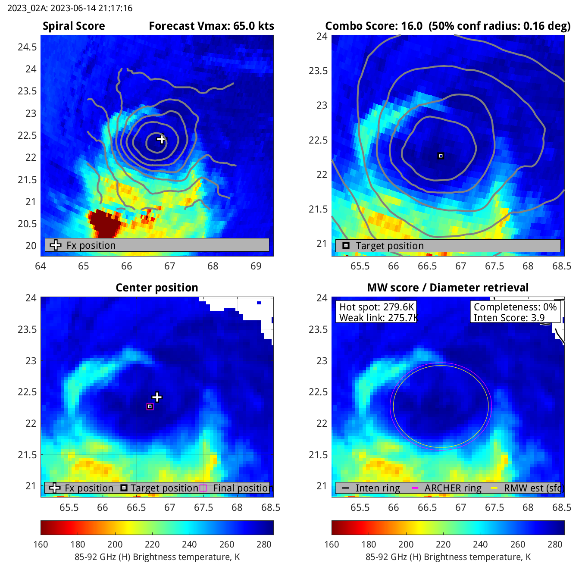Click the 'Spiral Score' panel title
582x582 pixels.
tap(74, 26)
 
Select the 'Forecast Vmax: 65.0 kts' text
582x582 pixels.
tap(211, 26)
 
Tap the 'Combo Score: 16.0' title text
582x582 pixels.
tap(374, 26)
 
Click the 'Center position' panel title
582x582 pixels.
tap(157, 288)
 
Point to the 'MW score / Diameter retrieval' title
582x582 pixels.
tap(447, 288)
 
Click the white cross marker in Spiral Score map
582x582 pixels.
tap(161, 139)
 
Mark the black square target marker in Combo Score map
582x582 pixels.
tap(441, 156)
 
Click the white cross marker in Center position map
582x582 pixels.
tap(157, 397)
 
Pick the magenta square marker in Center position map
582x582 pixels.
tap(150, 407)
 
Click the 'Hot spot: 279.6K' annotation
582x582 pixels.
tap(376, 307)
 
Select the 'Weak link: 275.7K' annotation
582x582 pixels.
tap(378, 318)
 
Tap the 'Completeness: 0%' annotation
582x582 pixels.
tap(515, 307)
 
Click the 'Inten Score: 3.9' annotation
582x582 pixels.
tap(509, 318)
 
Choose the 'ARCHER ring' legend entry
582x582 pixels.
tap(453, 488)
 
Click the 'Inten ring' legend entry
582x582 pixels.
tap(377, 488)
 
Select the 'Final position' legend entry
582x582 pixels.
tap(241, 488)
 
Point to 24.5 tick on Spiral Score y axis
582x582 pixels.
tap(27, 47)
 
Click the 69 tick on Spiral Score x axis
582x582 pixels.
tap(256, 266)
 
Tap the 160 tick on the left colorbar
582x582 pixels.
tap(41, 544)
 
